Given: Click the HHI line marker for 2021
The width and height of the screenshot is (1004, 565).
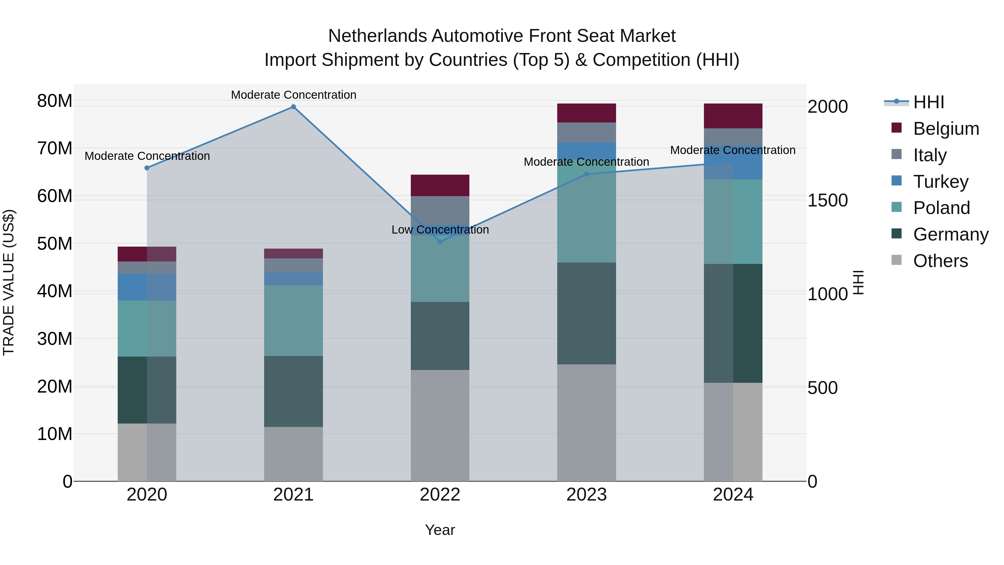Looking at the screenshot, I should pos(293,107).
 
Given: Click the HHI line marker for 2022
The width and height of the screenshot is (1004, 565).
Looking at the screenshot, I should pos(440,242).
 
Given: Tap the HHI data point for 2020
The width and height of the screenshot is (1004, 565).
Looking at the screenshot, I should pos(147,168).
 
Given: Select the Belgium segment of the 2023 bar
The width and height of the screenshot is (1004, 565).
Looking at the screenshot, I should pos(587,113).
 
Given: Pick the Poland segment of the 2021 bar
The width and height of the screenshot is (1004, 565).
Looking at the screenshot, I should pos(293,321).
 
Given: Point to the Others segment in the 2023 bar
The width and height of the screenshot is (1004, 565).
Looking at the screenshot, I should pos(587,423).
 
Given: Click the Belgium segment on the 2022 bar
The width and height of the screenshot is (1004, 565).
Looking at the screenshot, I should pos(440,186).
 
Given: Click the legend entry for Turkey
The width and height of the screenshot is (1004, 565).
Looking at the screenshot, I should pos(940,182).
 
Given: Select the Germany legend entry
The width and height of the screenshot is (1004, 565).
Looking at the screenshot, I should pos(950,234).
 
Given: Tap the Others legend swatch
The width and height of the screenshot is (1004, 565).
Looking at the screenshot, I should pos(896,260).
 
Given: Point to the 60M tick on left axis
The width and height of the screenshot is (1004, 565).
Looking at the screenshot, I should pos(55,196).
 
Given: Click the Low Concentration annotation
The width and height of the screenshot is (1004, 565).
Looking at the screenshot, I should pos(440,230).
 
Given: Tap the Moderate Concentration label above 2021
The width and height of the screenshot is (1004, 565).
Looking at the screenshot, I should pos(293,95).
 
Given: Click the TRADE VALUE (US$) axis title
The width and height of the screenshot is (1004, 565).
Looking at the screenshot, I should pos(9,282).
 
